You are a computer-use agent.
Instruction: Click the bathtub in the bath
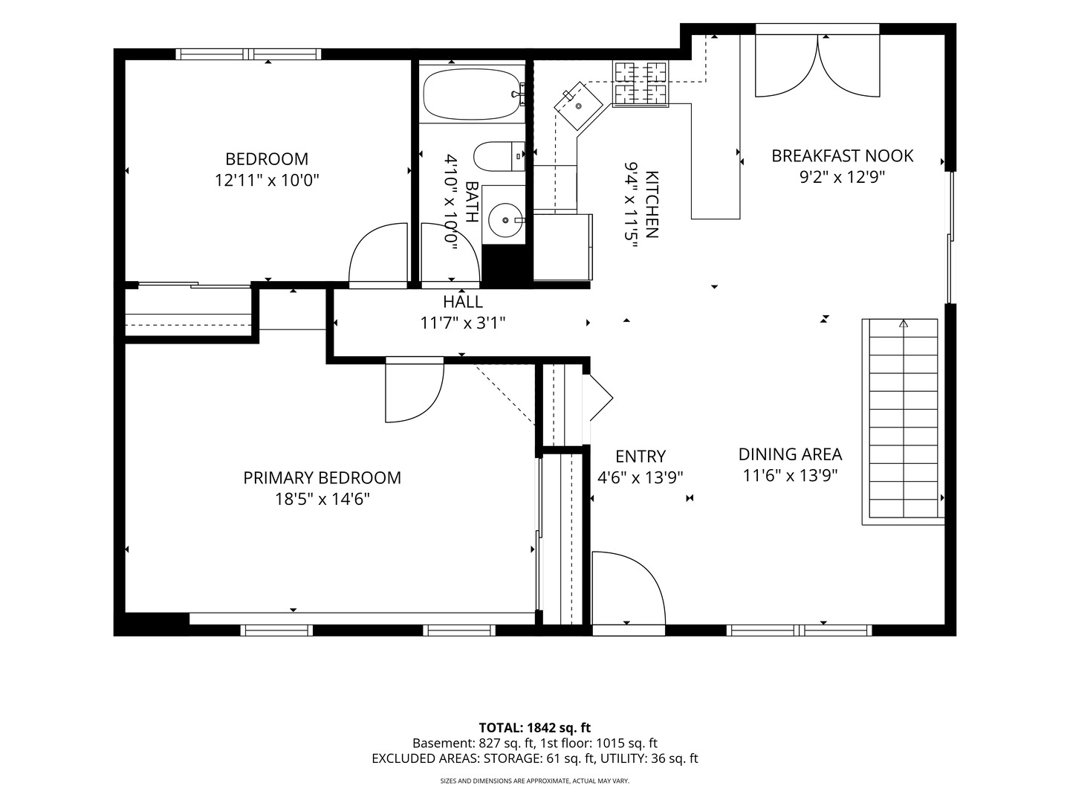click(473, 94)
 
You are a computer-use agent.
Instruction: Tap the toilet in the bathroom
click(499, 156)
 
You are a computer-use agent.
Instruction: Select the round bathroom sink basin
click(505, 220)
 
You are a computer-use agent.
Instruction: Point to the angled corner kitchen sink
click(578, 106)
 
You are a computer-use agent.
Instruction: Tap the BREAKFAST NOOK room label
click(842, 156)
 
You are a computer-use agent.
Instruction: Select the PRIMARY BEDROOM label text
click(322, 478)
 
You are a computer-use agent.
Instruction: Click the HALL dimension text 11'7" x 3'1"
click(463, 323)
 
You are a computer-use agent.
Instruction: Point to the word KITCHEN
click(652, 204)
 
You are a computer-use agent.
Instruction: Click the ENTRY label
click(640, 457)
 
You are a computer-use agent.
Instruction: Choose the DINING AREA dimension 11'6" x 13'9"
click(790, 475)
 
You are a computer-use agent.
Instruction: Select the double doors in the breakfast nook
click(817, 66)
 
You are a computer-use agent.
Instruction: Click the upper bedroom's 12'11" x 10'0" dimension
click(267, 181)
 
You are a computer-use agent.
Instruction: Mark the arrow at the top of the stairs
click(904, 323)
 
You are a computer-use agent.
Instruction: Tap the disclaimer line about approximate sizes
click(535, 781)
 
